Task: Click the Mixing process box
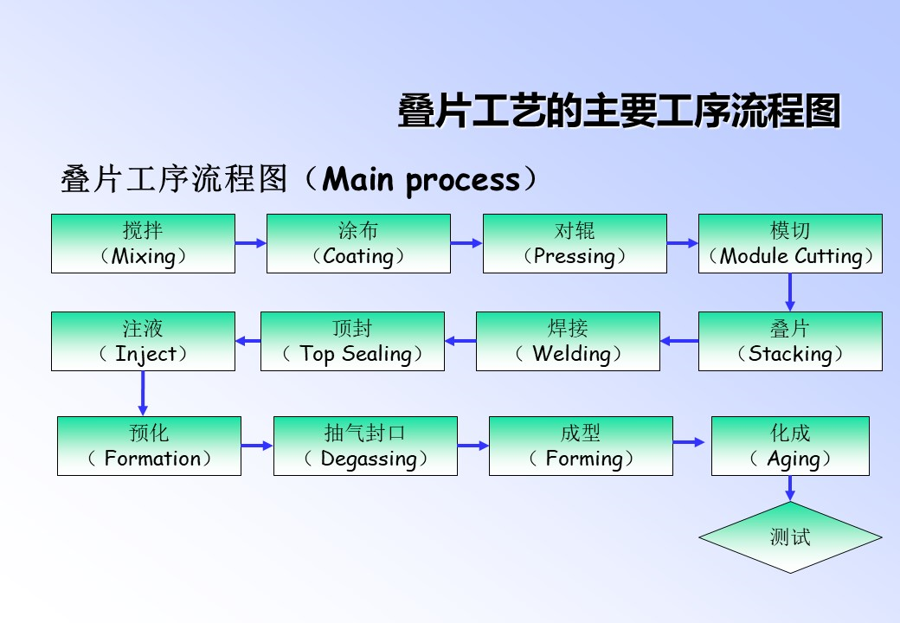143,244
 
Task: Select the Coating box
359,244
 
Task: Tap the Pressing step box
575,244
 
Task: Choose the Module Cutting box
790,244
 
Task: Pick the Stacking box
790,341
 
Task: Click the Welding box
569,341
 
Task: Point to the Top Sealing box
352,341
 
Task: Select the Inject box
143,341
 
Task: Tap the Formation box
149,446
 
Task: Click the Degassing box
365,446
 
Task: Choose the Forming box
581,446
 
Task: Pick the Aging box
790,446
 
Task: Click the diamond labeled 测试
790,537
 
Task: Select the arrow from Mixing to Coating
251,243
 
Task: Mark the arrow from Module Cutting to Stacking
790,292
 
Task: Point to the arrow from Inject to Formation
143,394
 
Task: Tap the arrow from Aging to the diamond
790,489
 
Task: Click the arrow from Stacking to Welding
679,341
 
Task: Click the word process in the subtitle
463,182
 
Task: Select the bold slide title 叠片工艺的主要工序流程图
620,111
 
